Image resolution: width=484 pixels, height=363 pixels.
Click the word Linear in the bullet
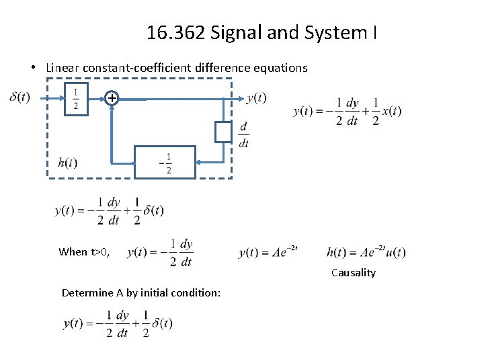coord(61,68)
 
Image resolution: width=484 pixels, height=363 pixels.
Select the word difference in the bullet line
coord(226,68)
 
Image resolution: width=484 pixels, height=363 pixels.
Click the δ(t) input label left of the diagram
coord(19,97)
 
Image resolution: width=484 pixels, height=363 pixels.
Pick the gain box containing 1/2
coord(76,99)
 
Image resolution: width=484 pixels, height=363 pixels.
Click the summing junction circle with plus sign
coord(112,99)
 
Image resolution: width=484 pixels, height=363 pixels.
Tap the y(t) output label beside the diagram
coord(256,98)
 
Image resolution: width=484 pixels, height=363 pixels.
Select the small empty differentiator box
coord(223,132)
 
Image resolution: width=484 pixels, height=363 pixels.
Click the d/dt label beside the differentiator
coord(243,134)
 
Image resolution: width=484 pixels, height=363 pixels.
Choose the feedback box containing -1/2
coord(165,162)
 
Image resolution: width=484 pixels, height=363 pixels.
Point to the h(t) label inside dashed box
coord(68,162)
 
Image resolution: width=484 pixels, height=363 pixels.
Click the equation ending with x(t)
coord(347,112)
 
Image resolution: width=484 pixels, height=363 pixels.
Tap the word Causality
coord(353,273)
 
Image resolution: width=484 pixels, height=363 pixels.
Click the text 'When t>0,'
coord(83,252)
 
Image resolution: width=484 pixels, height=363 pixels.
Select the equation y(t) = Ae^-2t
coord(268,253)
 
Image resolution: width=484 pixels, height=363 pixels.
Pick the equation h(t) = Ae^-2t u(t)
coord(366,253)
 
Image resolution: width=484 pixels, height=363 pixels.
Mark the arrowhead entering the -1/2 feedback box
coord(199,162)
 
